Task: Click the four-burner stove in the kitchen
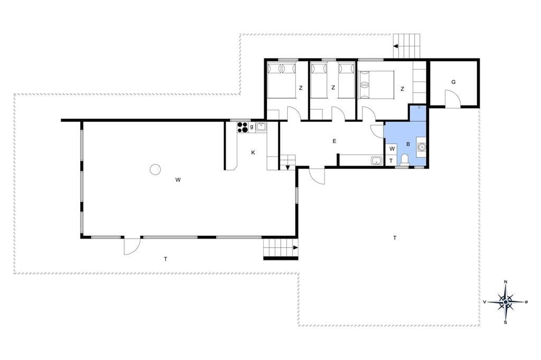pyautogui.click(x=242, y=127)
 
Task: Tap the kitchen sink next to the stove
pyautogui.click(x=261, y=127)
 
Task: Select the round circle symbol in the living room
pyautogui.click(x=155, y=169)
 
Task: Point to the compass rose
pyautogui.click(x=506, y=302)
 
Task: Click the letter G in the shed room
pyautogui.click(x=453, y=82)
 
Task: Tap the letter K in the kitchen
pyautogui.click(x=253, y=153)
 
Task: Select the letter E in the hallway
pyautogui.click(x=334, y=141)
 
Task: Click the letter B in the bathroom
pyautogui.click(x=408, y=144)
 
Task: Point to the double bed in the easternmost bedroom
pyautogui.click(x=376, y=85)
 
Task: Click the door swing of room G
pyautogui.click(x=452, y=99)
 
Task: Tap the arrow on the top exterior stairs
pyautogui.click(x=396, y=46)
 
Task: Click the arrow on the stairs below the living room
pyautogui.click(x=296, y=248)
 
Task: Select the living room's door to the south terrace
pyautogui.click(x=132, y=245)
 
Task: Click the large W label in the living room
pyautogui.click(x=178, y=179)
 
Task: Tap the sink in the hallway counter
pyautogui.click(x=376, y=160)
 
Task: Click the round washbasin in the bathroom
pyautogui.click(x=421, y=147)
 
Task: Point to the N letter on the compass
pyautogui.click(x=506, y=282)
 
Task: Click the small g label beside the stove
pyautogui.click(x=252, y=127)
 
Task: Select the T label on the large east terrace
pyautogui.click(x=395, y=238)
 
